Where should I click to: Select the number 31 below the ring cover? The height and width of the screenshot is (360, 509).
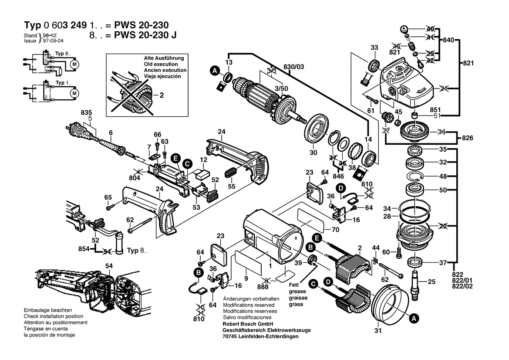378,330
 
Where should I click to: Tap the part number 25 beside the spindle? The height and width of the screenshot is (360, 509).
431,282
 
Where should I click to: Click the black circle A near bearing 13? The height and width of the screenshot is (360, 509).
215,71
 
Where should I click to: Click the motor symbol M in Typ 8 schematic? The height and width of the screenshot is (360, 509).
74,64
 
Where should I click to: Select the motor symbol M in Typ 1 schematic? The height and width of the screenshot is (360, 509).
74,93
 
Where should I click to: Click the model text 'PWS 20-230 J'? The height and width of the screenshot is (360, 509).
145,35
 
